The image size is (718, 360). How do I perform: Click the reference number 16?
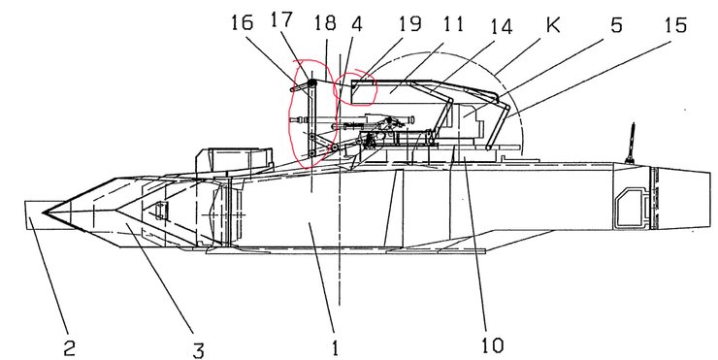(x=242, y=22)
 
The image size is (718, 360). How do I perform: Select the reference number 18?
(x=325, y=22)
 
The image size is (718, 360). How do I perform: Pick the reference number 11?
(x=452, y=23)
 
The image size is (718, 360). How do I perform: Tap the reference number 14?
(x=501, y=26)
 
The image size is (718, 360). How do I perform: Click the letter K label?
(x=553, y=24)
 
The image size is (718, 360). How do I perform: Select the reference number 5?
(x=616, y=24)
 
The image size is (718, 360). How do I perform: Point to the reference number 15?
(x=676, y=24)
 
